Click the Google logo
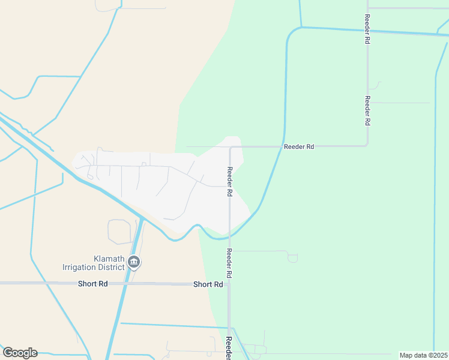click(x=20, y=353)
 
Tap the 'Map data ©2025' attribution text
click(x=423, y=355)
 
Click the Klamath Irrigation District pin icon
click(x=134, y=262)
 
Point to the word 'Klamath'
click(x=109, y=258)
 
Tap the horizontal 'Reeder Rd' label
click(x=299, y=146)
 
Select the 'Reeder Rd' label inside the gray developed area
click(x=229, y=182)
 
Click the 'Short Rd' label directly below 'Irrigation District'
click(x=92, y=283)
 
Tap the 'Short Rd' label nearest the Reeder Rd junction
click(x=208, y=284)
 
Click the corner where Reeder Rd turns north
click(x=367, y=145)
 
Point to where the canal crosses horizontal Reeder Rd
click(x=283, y=146)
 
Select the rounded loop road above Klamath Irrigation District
click(x=119, y=232)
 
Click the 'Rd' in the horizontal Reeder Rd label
click(x=309, y=146)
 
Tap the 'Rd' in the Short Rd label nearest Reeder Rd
click(x=218, y=284)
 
